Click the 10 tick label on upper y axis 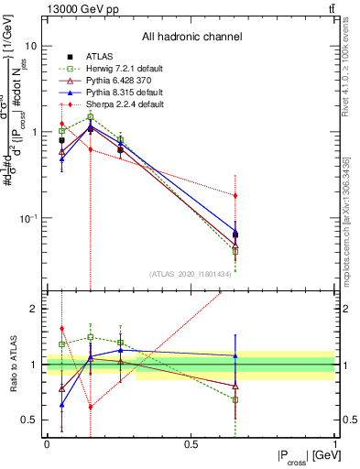coord(31,46)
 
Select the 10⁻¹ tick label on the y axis coord(29,218)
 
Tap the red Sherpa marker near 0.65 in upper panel coord(235,195)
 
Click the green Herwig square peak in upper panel coord(91,116)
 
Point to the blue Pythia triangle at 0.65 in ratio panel coord(235,355)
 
